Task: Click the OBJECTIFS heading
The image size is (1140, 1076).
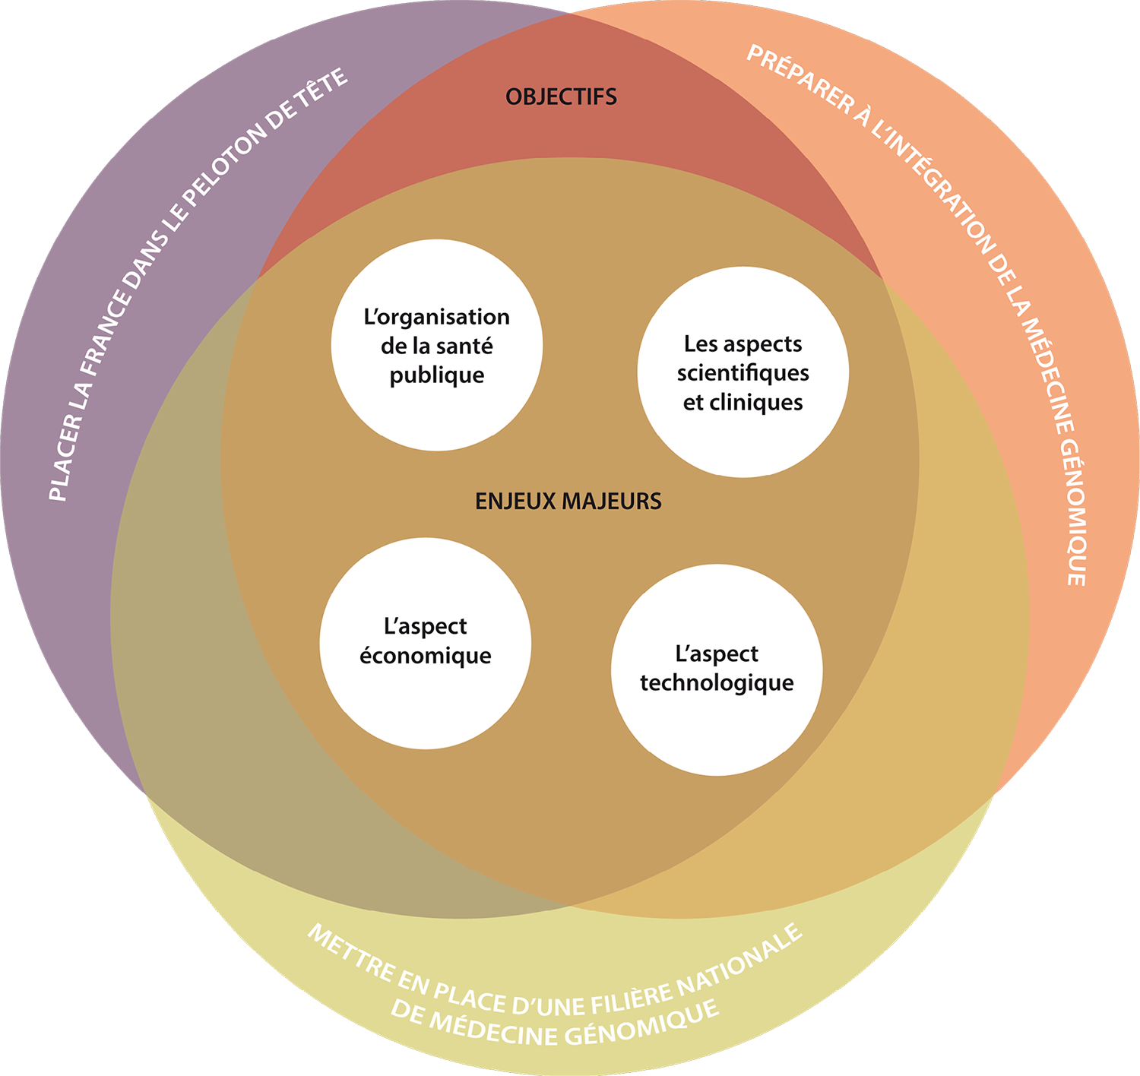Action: (561, 97)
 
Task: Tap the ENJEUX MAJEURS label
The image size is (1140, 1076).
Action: (568, 502)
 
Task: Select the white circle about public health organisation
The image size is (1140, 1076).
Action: (437, 346)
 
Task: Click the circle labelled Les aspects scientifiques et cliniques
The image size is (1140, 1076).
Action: (743, 372)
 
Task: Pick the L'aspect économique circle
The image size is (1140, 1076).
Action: (425, 643)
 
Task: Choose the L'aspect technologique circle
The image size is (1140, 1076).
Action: (717, 669)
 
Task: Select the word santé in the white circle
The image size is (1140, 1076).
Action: (464, 347)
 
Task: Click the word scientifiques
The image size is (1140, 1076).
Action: (743, 373)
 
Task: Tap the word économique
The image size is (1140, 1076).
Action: (425, 657)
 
